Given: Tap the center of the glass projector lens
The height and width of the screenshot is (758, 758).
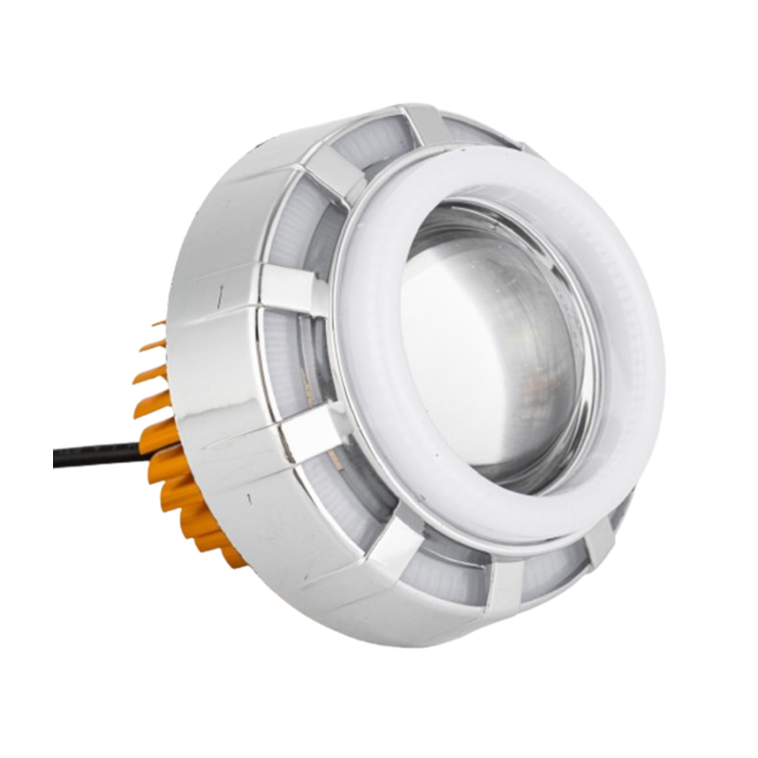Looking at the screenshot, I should point(493,351).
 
